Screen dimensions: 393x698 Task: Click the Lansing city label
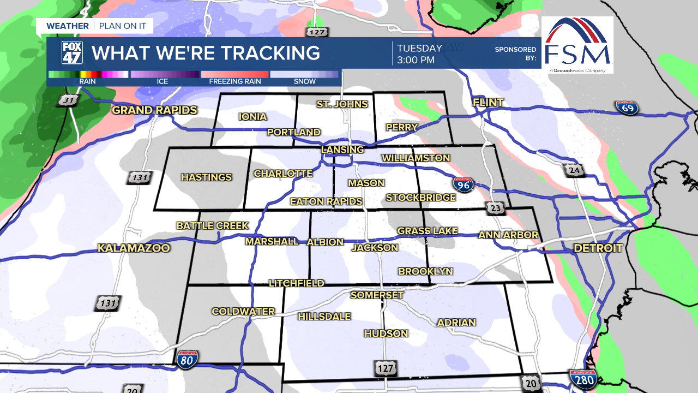(x=342, y=150)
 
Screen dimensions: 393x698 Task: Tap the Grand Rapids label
(x=154, y=110)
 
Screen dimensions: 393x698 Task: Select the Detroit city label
(x=598, y=248)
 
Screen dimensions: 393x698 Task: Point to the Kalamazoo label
(x=134, y=248)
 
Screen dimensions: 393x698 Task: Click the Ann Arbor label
(x=508, y=235)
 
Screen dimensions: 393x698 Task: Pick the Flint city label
(x=488, y=103)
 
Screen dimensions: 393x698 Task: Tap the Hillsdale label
(x=324, y=317)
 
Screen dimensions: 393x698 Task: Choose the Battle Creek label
(x=212, y=225)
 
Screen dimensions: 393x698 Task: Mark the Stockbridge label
(x=420, y=198)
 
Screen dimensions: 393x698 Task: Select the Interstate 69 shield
(x=627, y=108)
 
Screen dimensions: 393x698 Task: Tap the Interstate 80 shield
(x=187, y=359)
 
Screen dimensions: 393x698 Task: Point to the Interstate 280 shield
(x=582, y=379)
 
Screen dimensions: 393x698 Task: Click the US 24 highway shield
(x=574, y=171)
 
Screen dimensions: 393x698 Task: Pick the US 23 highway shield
(x=496, y=209)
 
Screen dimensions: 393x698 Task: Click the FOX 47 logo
(x=72, y=53)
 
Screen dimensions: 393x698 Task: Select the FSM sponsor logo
(x=577, y=45)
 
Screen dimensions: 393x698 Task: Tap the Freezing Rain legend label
(x=235, y=82)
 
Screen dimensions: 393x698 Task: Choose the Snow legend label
(x=304, y=82)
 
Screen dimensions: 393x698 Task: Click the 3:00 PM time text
(x=416, y=60)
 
